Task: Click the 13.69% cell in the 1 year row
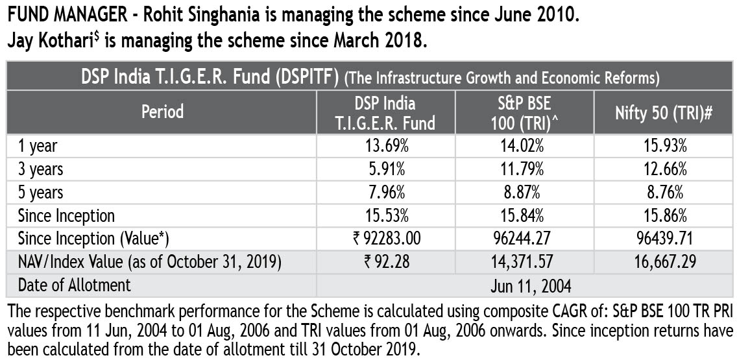[x=385, y=145]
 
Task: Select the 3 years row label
[x=41, y=169]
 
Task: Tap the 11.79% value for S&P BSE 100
[x=524, y=169]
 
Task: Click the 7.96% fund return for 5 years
[x=385, y=192]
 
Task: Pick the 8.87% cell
[x=524, y=192]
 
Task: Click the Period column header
[x=162, y=112]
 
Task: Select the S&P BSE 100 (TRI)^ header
[x=524, y=112]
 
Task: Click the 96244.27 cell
[x=524, y=239]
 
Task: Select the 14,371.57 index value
[x=524, y=262]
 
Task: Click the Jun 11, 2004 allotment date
[x=524, y=285]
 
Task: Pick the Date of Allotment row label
[x=74, y=285]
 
